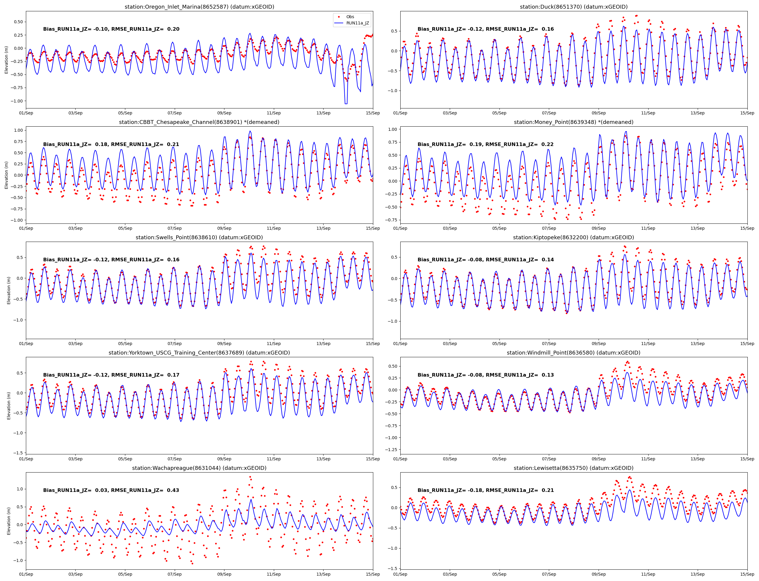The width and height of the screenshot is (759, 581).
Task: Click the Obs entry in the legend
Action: pos(350,17)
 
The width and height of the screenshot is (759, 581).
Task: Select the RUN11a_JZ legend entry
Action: pos(357,23)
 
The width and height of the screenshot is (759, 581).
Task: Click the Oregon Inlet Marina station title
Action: pos(199,7)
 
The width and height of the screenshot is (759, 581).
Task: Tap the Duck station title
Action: pos(574,7)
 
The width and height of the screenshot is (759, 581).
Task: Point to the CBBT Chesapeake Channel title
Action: pos(199,122)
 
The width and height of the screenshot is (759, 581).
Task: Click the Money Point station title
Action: pos(574,122)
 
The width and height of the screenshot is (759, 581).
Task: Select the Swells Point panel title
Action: pos(199,237)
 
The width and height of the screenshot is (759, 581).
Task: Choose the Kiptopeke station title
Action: pos(574,237)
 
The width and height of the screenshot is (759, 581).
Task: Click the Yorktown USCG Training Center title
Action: pos(199,353)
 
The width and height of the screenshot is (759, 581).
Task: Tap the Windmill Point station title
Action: pos(574,353)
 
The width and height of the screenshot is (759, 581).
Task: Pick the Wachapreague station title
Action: pos(199,468)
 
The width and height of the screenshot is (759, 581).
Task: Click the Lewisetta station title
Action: pos(574,468)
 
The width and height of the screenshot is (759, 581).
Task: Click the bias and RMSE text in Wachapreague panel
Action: pos(111,490)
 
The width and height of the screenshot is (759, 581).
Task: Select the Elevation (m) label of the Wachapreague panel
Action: pos(9,521)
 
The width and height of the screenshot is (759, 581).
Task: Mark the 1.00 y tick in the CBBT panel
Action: pos(18,131)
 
